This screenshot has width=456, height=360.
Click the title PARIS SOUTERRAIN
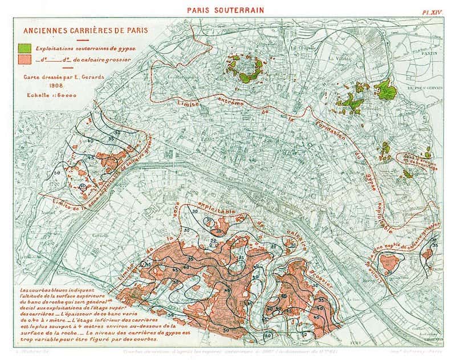pyautogui.click(x=228, y=10)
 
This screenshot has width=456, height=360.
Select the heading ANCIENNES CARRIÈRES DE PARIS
pyautogui.click(x=72, y=33)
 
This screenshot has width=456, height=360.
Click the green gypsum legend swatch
pyautogui.click(x=25, y=48)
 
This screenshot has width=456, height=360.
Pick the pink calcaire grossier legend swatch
pyautogui.click(x=25, y=59)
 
